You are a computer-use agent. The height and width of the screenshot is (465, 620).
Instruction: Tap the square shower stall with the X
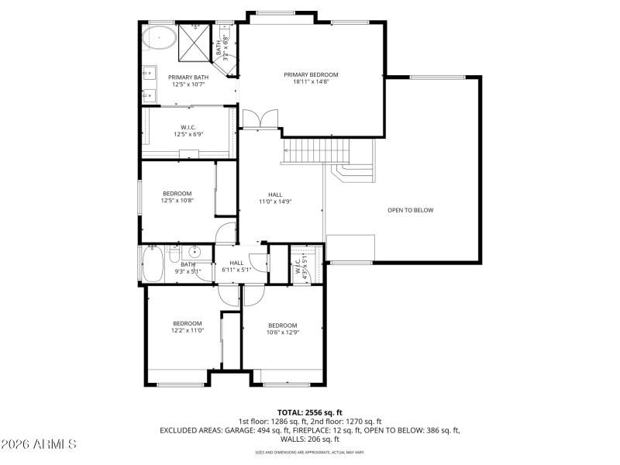[x=195, y=43]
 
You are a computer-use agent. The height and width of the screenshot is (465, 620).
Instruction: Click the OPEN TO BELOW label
[x=410, y=211]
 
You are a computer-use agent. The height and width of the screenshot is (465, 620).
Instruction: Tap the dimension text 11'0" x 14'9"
[x=275, y=201]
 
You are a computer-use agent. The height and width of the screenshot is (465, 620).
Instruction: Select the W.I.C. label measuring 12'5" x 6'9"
[x=188, y=128]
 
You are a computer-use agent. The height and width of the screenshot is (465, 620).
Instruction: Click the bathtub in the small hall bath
[x=152, y=263]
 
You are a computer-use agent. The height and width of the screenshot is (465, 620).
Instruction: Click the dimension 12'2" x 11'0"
[x=188, y=330]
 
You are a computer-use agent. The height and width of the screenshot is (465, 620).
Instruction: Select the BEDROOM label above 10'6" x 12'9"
[x=282, y=325]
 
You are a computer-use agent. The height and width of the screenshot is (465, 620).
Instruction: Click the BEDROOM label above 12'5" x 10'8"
[x=177, y=193]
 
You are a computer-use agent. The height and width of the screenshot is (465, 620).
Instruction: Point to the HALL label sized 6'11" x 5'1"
[x=236, y=263]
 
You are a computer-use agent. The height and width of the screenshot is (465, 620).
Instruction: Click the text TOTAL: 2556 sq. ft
[x=309, y=412]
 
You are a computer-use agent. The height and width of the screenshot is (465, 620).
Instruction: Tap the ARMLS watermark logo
[x=39, y=444]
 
